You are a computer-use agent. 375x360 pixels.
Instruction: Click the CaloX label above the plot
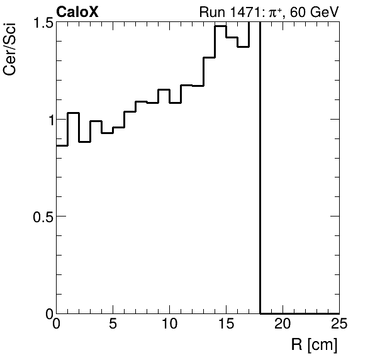coord(77,11)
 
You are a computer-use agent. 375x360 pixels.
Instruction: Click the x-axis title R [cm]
coord(314,344)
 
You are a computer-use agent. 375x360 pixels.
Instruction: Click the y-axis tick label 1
coord(46,119)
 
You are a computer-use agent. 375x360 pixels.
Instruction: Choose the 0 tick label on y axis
coord(46,313)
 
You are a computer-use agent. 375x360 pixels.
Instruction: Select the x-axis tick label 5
coord(113,325)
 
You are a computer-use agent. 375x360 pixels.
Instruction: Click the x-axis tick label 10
coord(170,325)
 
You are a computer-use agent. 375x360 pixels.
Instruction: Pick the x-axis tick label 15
coord(227,325)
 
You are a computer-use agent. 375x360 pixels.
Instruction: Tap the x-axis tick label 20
coord(283,325)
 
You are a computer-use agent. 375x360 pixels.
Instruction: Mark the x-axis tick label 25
coord(339,325)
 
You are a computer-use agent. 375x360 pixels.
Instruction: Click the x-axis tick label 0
coord(57,325)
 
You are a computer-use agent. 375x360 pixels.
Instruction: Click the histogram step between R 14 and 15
coord(220,26)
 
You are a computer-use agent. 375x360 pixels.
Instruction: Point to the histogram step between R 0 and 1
coord(62,145)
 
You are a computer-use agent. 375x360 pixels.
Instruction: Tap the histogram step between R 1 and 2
coord(74,113)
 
